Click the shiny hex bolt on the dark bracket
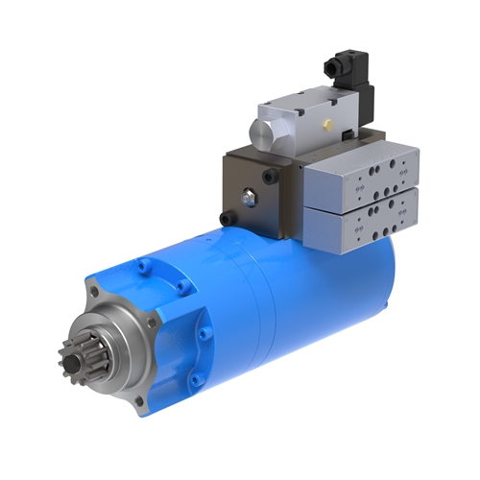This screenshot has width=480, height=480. tap(248, 199)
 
